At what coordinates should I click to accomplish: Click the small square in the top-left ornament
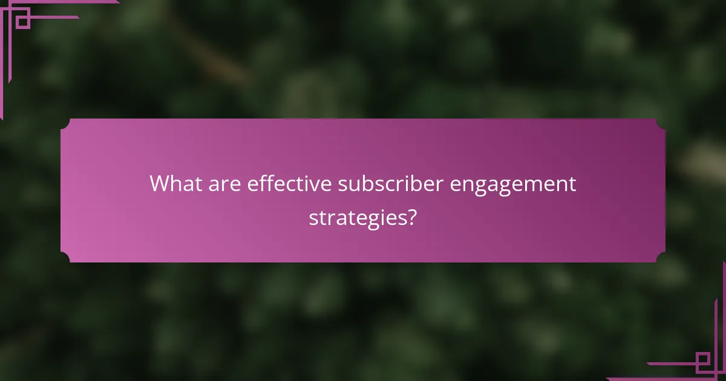click(x=22, y=18)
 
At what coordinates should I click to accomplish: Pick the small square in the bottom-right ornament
click(x=703, y=362)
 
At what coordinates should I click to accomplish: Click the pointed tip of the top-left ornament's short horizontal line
click(x=78, y=17)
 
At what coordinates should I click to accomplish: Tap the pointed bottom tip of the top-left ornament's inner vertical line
click(x=9, y=82)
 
